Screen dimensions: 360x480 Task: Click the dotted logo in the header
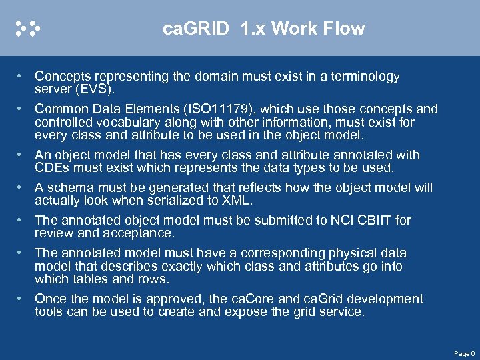(x=28, y=28)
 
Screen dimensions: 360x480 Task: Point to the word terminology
(x=364, y=76)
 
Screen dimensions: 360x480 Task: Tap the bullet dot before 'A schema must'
(x=22, y=187)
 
